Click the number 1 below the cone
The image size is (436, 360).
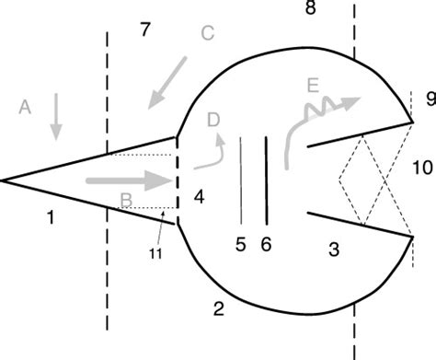pos(50,218)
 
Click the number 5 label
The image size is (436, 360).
pos(241,246)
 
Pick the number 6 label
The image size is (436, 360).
pos(266,246)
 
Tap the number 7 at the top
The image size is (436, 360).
pos(143,29)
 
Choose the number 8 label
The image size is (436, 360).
pos(309,10)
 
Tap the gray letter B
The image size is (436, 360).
pos(127,199)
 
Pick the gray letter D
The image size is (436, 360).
pos(213,120)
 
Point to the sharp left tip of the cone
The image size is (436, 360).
pos(4,181)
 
